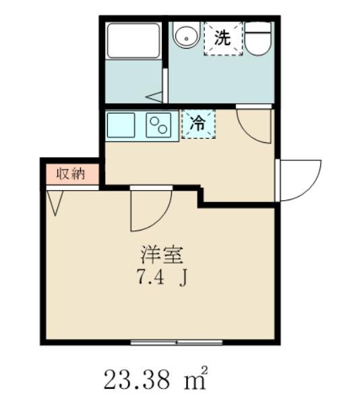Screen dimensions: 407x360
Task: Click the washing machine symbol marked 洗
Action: click(x=222, y=38)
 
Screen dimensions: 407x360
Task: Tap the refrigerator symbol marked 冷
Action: click(x=198, y=124)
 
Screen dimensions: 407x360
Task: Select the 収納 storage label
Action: click(x=70, y=174)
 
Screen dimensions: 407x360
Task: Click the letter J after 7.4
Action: click(x=182, y=276)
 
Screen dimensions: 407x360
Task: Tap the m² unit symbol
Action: click(x=196, y=379)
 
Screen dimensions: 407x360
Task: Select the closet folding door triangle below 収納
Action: click(x=55, y=200)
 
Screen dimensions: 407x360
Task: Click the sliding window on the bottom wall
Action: click(x=177, y=342)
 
